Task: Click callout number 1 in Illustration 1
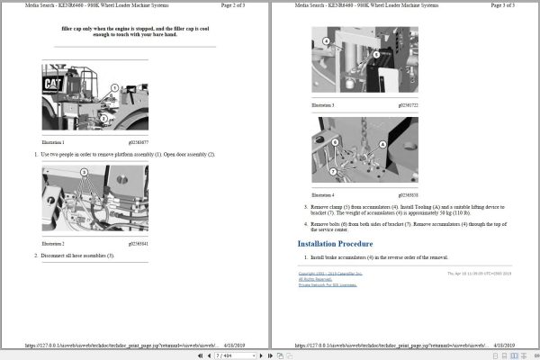click(113, 87)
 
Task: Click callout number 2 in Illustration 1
click(103, 116)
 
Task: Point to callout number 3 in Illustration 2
click(84, 171)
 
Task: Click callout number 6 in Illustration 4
click(334, 142)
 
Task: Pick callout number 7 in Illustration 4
click(334, 171)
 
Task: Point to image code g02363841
click(138, 243)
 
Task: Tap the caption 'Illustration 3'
click(322, 105)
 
